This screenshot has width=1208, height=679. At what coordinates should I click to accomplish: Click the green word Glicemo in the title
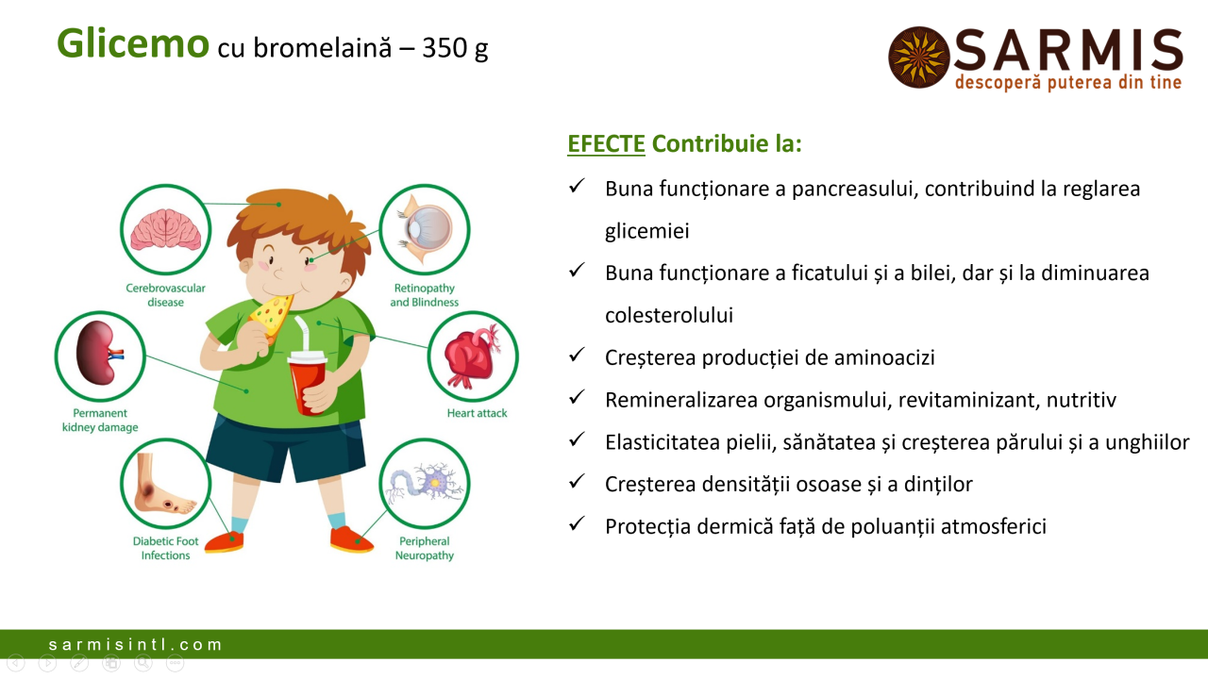coord(133,43)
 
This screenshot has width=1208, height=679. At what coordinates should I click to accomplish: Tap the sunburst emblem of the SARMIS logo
coord(919,58)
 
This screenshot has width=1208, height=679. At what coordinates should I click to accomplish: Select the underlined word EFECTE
coord(606,144)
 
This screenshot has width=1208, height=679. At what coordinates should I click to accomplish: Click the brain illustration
coord(165,230)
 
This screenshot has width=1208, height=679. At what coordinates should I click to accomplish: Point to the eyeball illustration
coord(425,229)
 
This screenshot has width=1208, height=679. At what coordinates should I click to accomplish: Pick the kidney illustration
coord(100,353)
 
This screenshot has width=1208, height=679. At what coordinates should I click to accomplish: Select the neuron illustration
coord(425,482)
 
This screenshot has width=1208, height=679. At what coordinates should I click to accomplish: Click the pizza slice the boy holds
coord(271,317)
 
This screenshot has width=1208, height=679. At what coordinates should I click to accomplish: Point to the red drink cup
coord(308,383)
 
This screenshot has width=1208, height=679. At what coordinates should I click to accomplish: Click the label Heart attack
coord(477,413)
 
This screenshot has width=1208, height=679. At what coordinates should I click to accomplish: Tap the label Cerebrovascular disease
coord(165,295)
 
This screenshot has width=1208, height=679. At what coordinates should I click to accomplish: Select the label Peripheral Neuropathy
coord(425,548)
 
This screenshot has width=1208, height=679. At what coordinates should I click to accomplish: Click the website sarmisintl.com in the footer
coord(135,644)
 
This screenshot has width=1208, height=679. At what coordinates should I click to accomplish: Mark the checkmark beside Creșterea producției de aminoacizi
coord(577,355)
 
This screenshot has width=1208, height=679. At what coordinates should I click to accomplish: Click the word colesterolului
coord(669,315)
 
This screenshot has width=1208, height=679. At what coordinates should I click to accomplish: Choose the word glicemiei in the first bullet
coord(647,231)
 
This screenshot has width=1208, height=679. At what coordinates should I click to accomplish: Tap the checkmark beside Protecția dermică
coord(577,523)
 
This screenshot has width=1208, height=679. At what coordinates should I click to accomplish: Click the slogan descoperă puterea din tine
coord(1068,82)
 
